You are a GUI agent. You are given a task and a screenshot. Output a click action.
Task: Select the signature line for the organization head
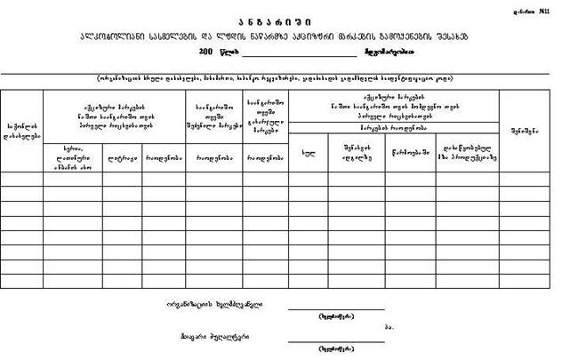click(335, 308)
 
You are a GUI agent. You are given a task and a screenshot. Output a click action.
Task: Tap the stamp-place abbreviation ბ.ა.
click(389, 326)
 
